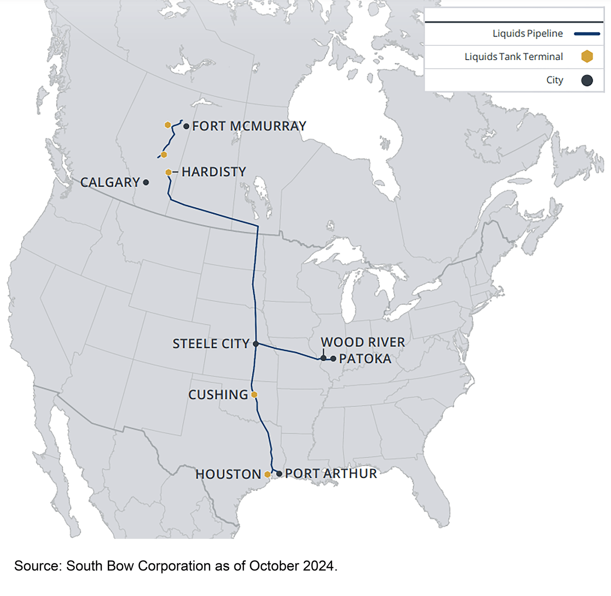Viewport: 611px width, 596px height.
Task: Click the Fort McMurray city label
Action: [249, 126]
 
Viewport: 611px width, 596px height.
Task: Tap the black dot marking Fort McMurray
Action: [186, 126]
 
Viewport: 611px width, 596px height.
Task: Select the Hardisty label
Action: [214, 172]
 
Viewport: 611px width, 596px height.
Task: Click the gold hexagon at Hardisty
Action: [169, 172]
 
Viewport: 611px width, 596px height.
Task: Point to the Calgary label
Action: [110, 182]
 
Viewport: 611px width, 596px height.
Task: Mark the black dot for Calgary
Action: [146, 182]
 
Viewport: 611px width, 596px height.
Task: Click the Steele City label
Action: [211, 344]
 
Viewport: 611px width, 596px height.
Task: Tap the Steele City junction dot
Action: [256, 344]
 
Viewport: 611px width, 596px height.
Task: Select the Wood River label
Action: [363, 342]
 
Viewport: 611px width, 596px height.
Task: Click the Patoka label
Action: [365, 359]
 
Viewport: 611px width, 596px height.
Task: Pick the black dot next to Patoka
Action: [333, 358]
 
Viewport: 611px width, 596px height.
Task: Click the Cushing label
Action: [218, 395]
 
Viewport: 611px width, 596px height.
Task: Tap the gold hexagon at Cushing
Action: [254, 395]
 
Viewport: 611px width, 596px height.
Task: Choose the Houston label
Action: [228, 474]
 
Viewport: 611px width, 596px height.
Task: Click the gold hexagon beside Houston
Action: [267, 474]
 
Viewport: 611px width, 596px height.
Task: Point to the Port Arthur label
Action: [331, 473]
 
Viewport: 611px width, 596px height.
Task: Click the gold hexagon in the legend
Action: [587, 56]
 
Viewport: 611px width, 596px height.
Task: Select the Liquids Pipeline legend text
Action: [527, 33]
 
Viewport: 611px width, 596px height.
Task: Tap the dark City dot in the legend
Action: [587, 80]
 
